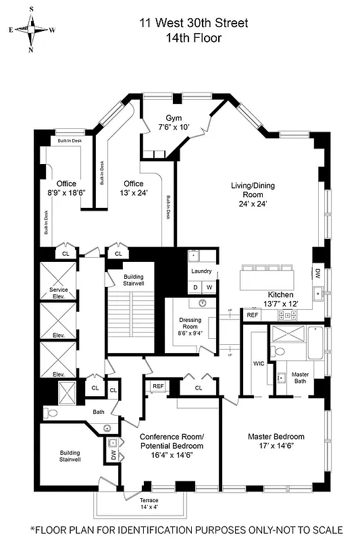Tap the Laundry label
point(201,272)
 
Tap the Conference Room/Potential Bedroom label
point(172,441)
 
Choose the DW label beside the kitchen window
point(317,274)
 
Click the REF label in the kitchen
point(252,315)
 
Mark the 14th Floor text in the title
point(194,38)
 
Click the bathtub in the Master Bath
point(316,344)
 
